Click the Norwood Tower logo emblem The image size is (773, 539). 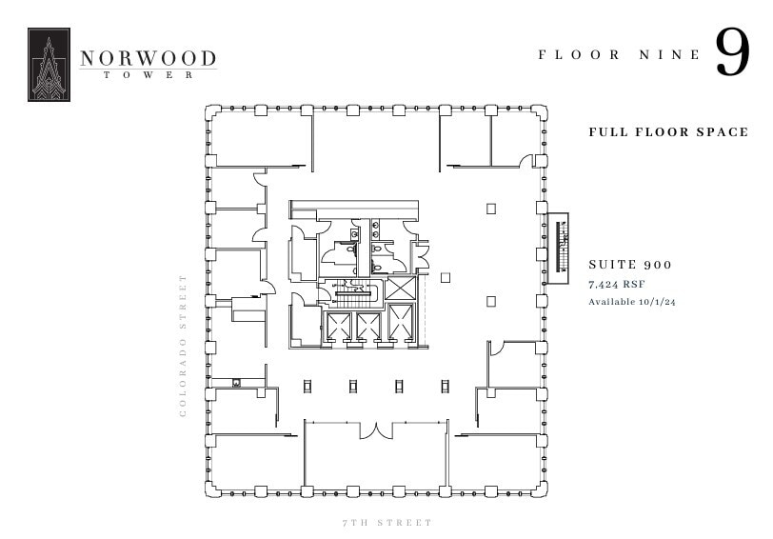(49, 65)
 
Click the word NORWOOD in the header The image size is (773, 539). (148, 59)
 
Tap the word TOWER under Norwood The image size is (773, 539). (148, 75)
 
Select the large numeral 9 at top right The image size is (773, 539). (732, 53)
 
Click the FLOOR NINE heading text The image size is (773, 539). (619, 55)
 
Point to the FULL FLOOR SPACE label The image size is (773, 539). (668, 131)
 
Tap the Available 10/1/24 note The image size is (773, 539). (632, 302)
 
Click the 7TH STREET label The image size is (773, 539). (386, 523)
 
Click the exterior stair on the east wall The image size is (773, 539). (559, 242)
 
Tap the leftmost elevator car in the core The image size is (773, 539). (338, 327)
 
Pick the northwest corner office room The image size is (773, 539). (259, 139)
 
